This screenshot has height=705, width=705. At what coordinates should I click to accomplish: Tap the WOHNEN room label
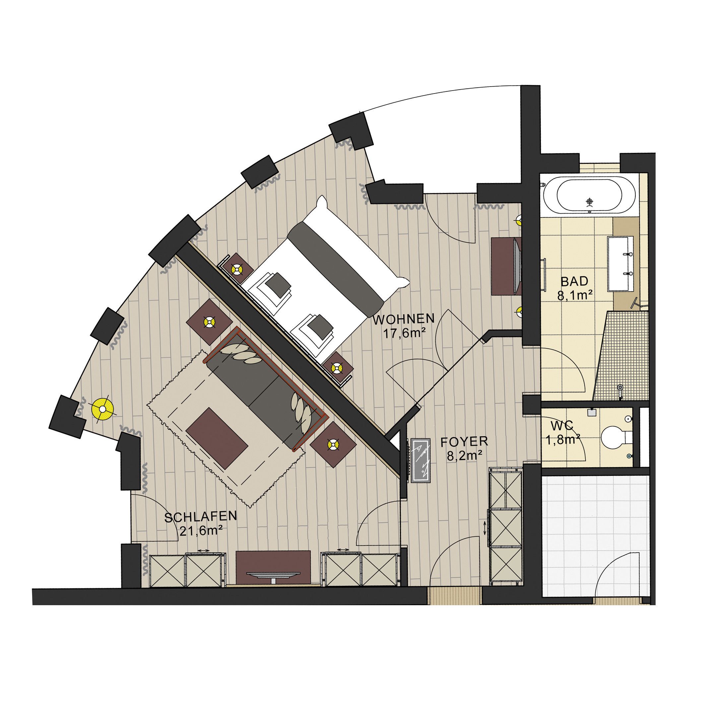(404, 319)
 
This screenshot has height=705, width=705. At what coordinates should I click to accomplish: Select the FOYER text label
(464, 441)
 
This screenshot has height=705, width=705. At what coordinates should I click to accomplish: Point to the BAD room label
(574, 281)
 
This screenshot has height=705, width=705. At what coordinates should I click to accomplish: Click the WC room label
(562, 425)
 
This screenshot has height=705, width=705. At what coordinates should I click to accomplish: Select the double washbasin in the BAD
(620, 263)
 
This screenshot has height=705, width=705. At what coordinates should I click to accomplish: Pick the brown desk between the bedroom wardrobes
(273, 567)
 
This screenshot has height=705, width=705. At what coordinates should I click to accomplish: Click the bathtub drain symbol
(590, 201)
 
